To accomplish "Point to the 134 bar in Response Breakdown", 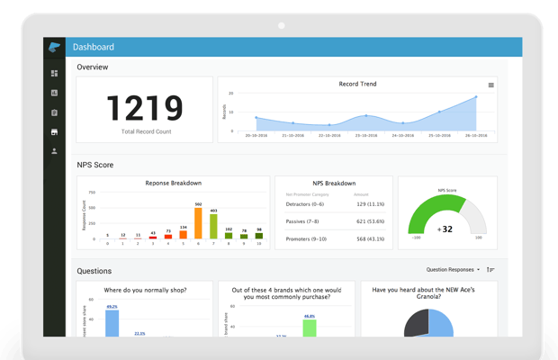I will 184,236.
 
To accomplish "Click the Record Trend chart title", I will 357,84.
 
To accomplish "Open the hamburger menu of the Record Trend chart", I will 490,85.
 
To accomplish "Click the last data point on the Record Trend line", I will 476,97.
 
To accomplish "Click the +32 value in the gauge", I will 444,229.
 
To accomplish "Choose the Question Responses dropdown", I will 452,269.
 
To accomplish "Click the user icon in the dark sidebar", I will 54,151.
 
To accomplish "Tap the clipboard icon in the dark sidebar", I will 54,112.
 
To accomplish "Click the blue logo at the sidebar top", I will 54,48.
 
